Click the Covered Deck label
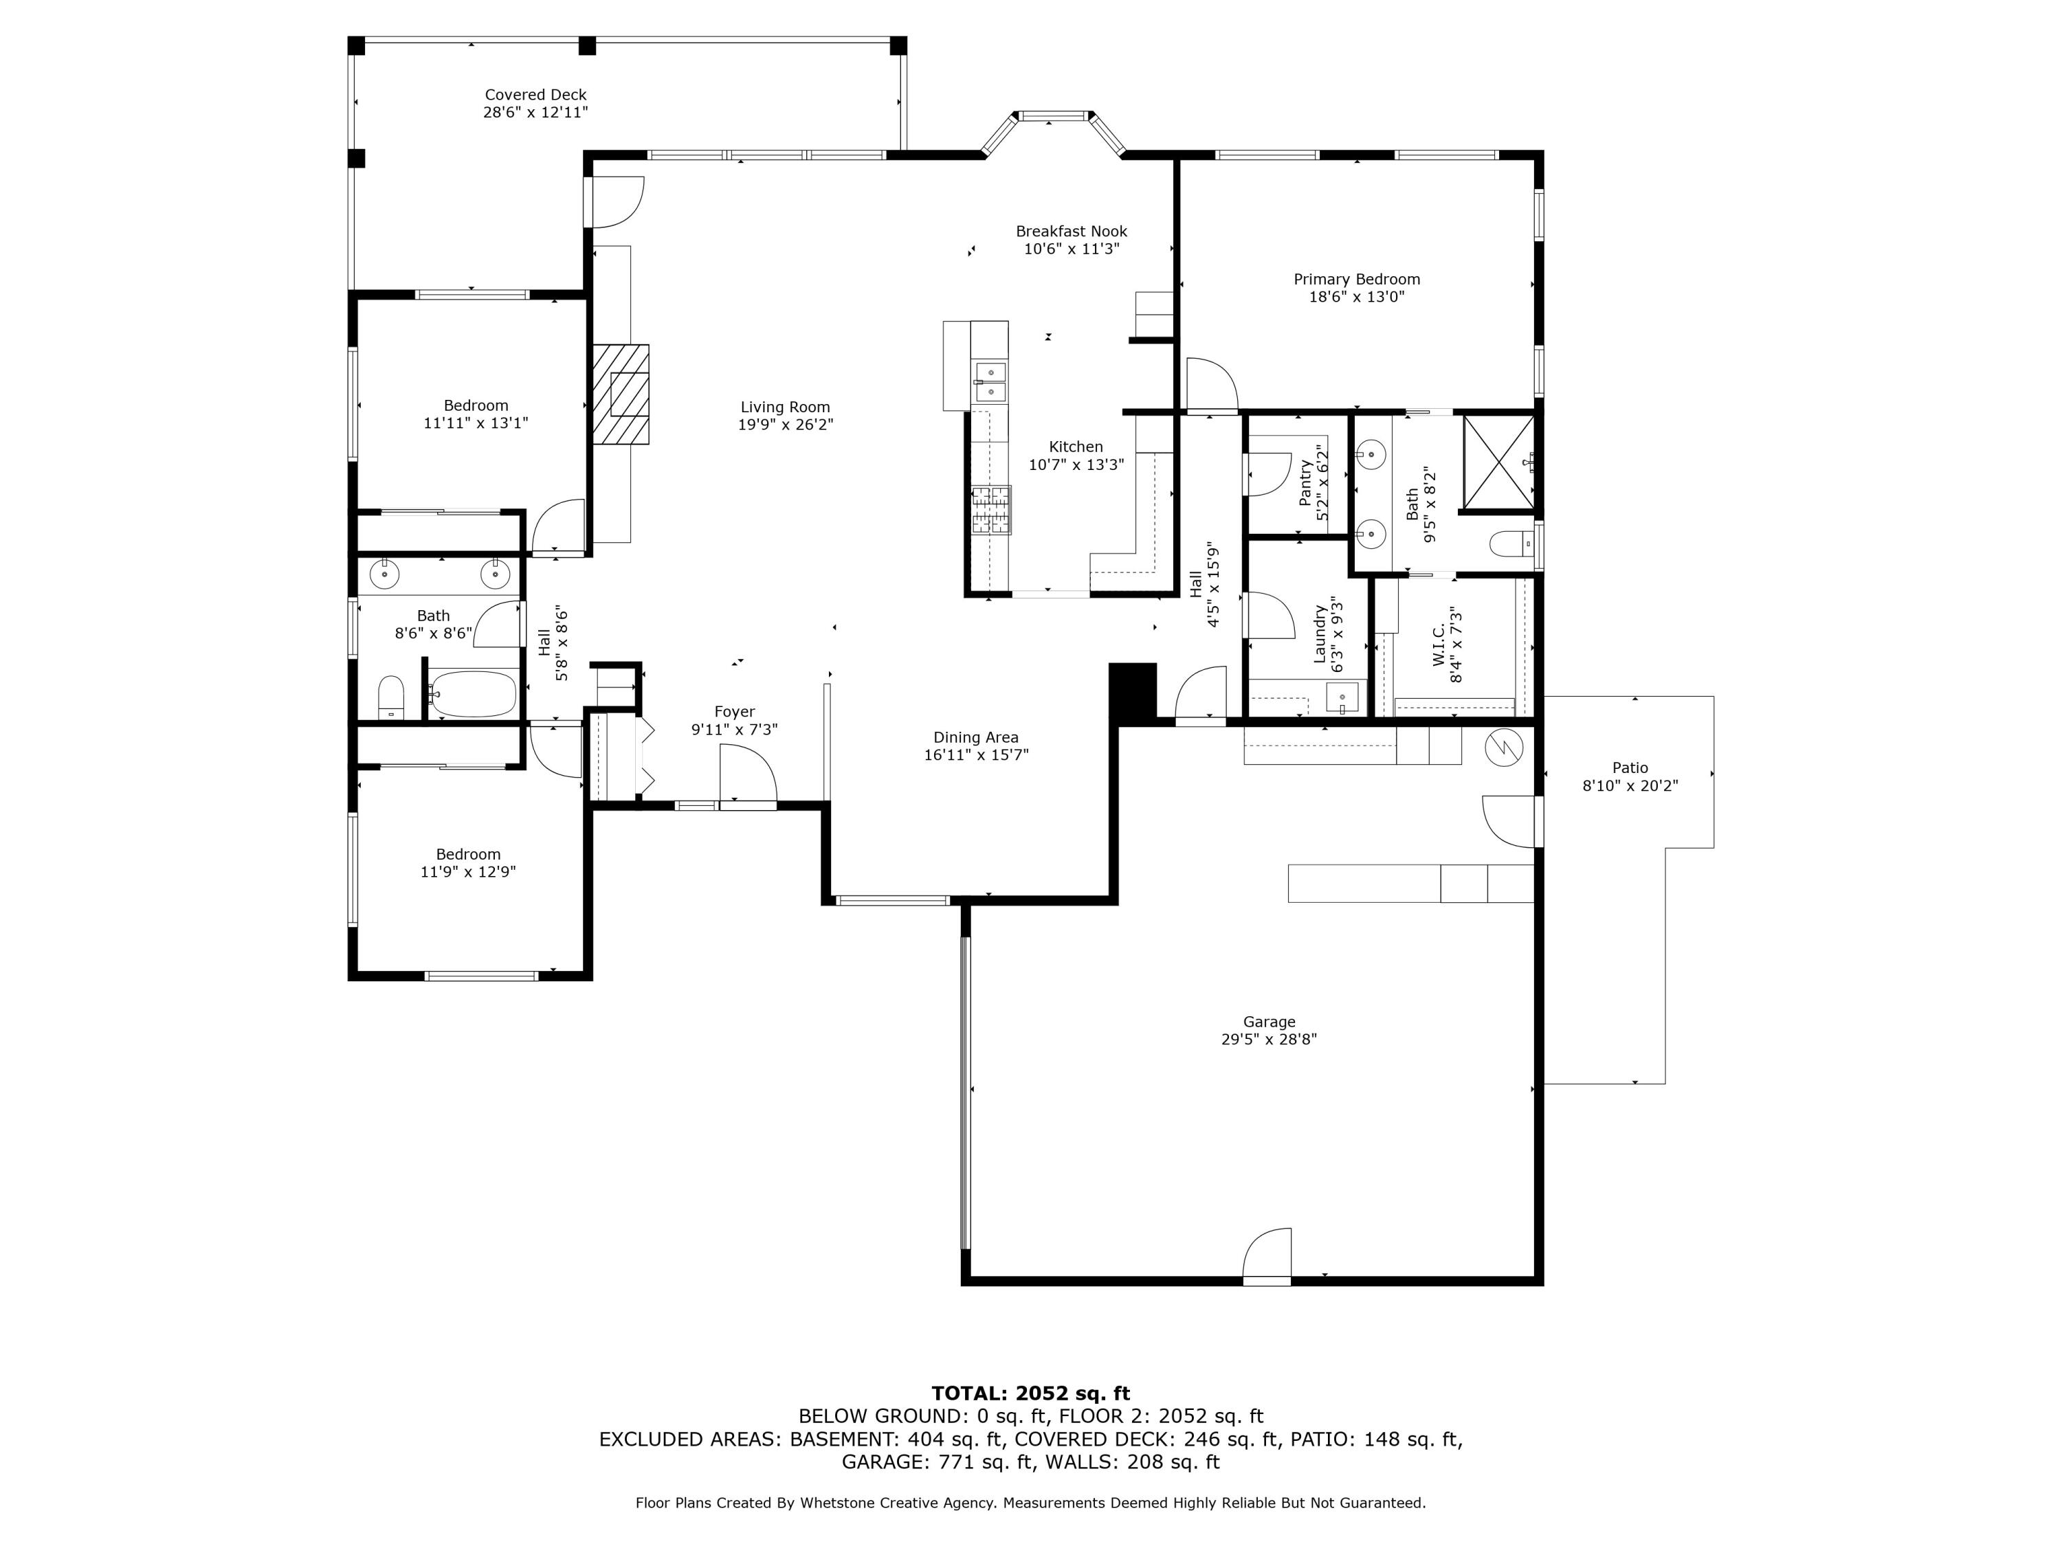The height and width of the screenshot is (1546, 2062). tap(535, 95)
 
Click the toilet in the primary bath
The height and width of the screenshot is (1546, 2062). tap(1508, 542)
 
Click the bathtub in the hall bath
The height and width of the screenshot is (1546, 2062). tap(474, 693)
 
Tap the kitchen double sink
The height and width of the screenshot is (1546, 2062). tap(989, 383)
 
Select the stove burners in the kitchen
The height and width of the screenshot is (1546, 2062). tap(991, 510)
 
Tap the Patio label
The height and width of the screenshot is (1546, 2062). tap(1630, 768)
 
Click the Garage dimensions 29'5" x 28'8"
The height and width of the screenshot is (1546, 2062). tap(1269, 1039)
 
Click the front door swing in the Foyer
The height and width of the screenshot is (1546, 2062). tap(746, 775)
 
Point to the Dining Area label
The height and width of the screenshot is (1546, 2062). tap(976, 737)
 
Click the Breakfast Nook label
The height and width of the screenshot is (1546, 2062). tap(1071, 231)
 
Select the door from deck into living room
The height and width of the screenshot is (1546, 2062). tap(615, 201)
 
